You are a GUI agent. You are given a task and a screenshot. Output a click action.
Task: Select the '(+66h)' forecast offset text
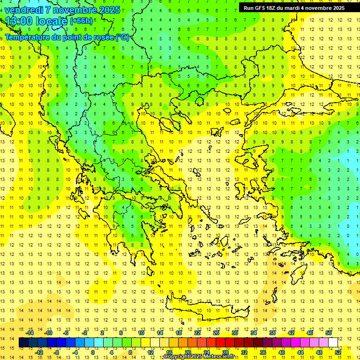pyautogui.click(x=81, y=21)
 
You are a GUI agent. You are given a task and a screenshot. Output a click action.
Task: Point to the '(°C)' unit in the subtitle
pyautogui.click(x=122, y=37)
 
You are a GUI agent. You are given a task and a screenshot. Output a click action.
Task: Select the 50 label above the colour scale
pyautogui.click(x=328, y=333)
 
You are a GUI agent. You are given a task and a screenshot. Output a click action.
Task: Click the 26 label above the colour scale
pyautogui.click(x=216, y=333)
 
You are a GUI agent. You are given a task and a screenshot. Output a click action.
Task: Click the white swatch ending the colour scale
pyautogui.click(x=333, y=343)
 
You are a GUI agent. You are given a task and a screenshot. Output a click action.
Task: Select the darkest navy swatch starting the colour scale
pyautogui.click(x=23, y=343)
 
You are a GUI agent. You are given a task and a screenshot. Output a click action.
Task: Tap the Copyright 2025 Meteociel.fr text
pyautogui.click(x=199, y=357)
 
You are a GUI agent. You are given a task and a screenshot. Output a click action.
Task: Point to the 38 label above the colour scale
pyautogui.click(x=272, y=333)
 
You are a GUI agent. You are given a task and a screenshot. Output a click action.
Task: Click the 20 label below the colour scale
pyautogui.click(x=187, y=352)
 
